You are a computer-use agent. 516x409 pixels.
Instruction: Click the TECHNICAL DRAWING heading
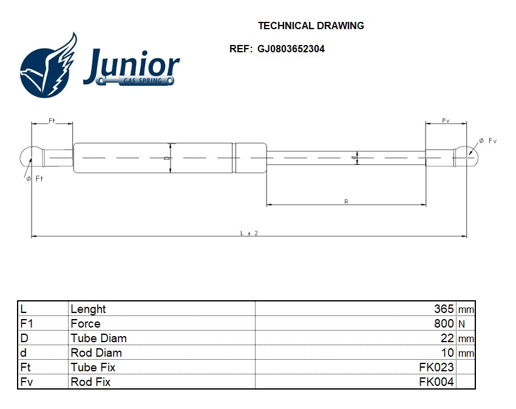click(311, 26)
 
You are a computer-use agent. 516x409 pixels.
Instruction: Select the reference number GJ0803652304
click(291, 49)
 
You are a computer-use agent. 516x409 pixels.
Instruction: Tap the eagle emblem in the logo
click(49, 66)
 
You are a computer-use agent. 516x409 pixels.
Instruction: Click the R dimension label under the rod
click(346, 201)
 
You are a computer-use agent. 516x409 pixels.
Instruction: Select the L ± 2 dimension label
click(249, 233)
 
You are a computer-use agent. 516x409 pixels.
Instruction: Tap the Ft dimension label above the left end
click(52, 120)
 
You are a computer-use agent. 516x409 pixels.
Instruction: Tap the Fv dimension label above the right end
click(446, 120)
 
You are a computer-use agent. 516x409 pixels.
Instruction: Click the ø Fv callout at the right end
click(487, 141)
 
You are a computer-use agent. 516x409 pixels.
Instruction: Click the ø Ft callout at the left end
click(35, 178)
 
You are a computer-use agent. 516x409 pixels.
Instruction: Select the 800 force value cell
click(444, 323)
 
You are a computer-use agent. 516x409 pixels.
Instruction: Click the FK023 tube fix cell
click(436, 367)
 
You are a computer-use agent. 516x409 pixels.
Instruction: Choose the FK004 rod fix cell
click(436, 382)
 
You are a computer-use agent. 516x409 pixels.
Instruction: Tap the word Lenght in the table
click(88, 309)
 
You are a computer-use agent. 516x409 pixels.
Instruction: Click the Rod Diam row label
click(96, 352)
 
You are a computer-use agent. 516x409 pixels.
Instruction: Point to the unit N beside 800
click(463, 324)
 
